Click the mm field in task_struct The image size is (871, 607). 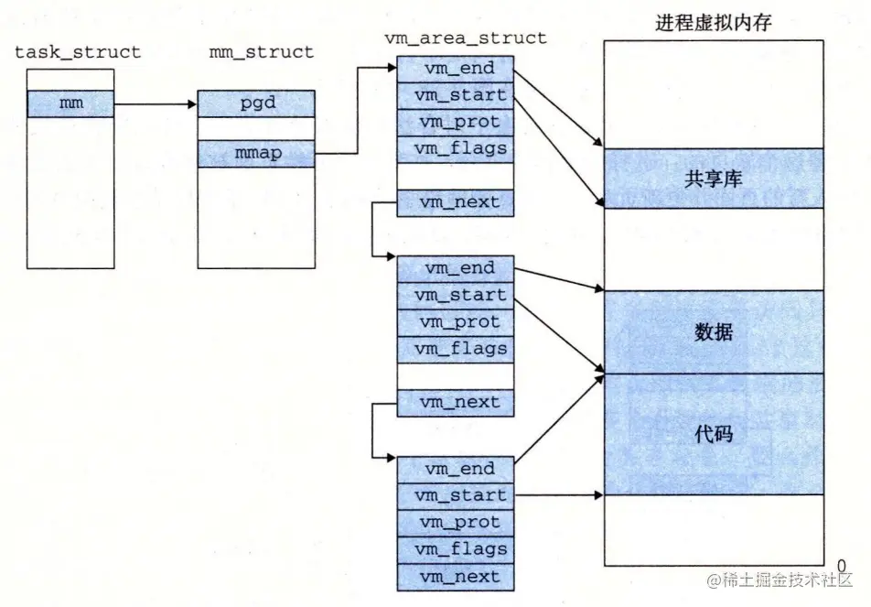coord(70,103)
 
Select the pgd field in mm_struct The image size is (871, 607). coord(256,103)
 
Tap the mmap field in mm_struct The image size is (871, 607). coord(256,153)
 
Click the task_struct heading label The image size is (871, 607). coord(78,52)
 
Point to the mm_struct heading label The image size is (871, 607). coord(263,52)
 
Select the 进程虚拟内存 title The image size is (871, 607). coord(713,23)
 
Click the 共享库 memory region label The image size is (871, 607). coord(713,179)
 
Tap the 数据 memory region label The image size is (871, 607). coord(713,332)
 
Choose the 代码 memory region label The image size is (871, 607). coord(713,433)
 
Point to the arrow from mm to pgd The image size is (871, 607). coord(156,103)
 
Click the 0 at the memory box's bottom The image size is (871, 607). coord(840,565)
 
